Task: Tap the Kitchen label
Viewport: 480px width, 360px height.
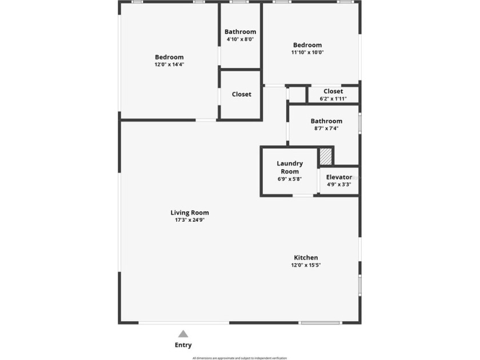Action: coord(306,258)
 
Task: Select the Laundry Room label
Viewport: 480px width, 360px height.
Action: coord(290,167)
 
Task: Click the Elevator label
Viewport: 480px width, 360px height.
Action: coord(339,177)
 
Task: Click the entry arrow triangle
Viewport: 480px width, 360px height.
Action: coord(183,334)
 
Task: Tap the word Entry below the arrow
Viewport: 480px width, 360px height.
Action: coord(183,345)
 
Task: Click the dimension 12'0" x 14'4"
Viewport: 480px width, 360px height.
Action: coord(169,65)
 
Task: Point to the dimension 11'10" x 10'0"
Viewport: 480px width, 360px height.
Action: coord(307,53)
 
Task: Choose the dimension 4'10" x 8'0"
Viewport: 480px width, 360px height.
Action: coord(240,39)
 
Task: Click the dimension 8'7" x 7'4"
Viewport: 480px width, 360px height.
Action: coord(326,129)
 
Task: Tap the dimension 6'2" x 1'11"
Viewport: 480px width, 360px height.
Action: coord(333,98)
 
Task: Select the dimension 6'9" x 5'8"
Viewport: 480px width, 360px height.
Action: coord(290,179)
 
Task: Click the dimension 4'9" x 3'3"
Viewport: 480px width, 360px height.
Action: coord(339,185)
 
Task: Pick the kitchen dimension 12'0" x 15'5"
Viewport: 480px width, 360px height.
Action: coord(306,265)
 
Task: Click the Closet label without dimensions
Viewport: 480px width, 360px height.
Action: coord(241,94)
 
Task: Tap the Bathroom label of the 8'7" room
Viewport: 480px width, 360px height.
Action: coord(326,121)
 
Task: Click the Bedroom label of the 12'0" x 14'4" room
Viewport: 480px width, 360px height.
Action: coord(169,57)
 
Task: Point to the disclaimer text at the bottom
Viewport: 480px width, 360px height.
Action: coord(239,358)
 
